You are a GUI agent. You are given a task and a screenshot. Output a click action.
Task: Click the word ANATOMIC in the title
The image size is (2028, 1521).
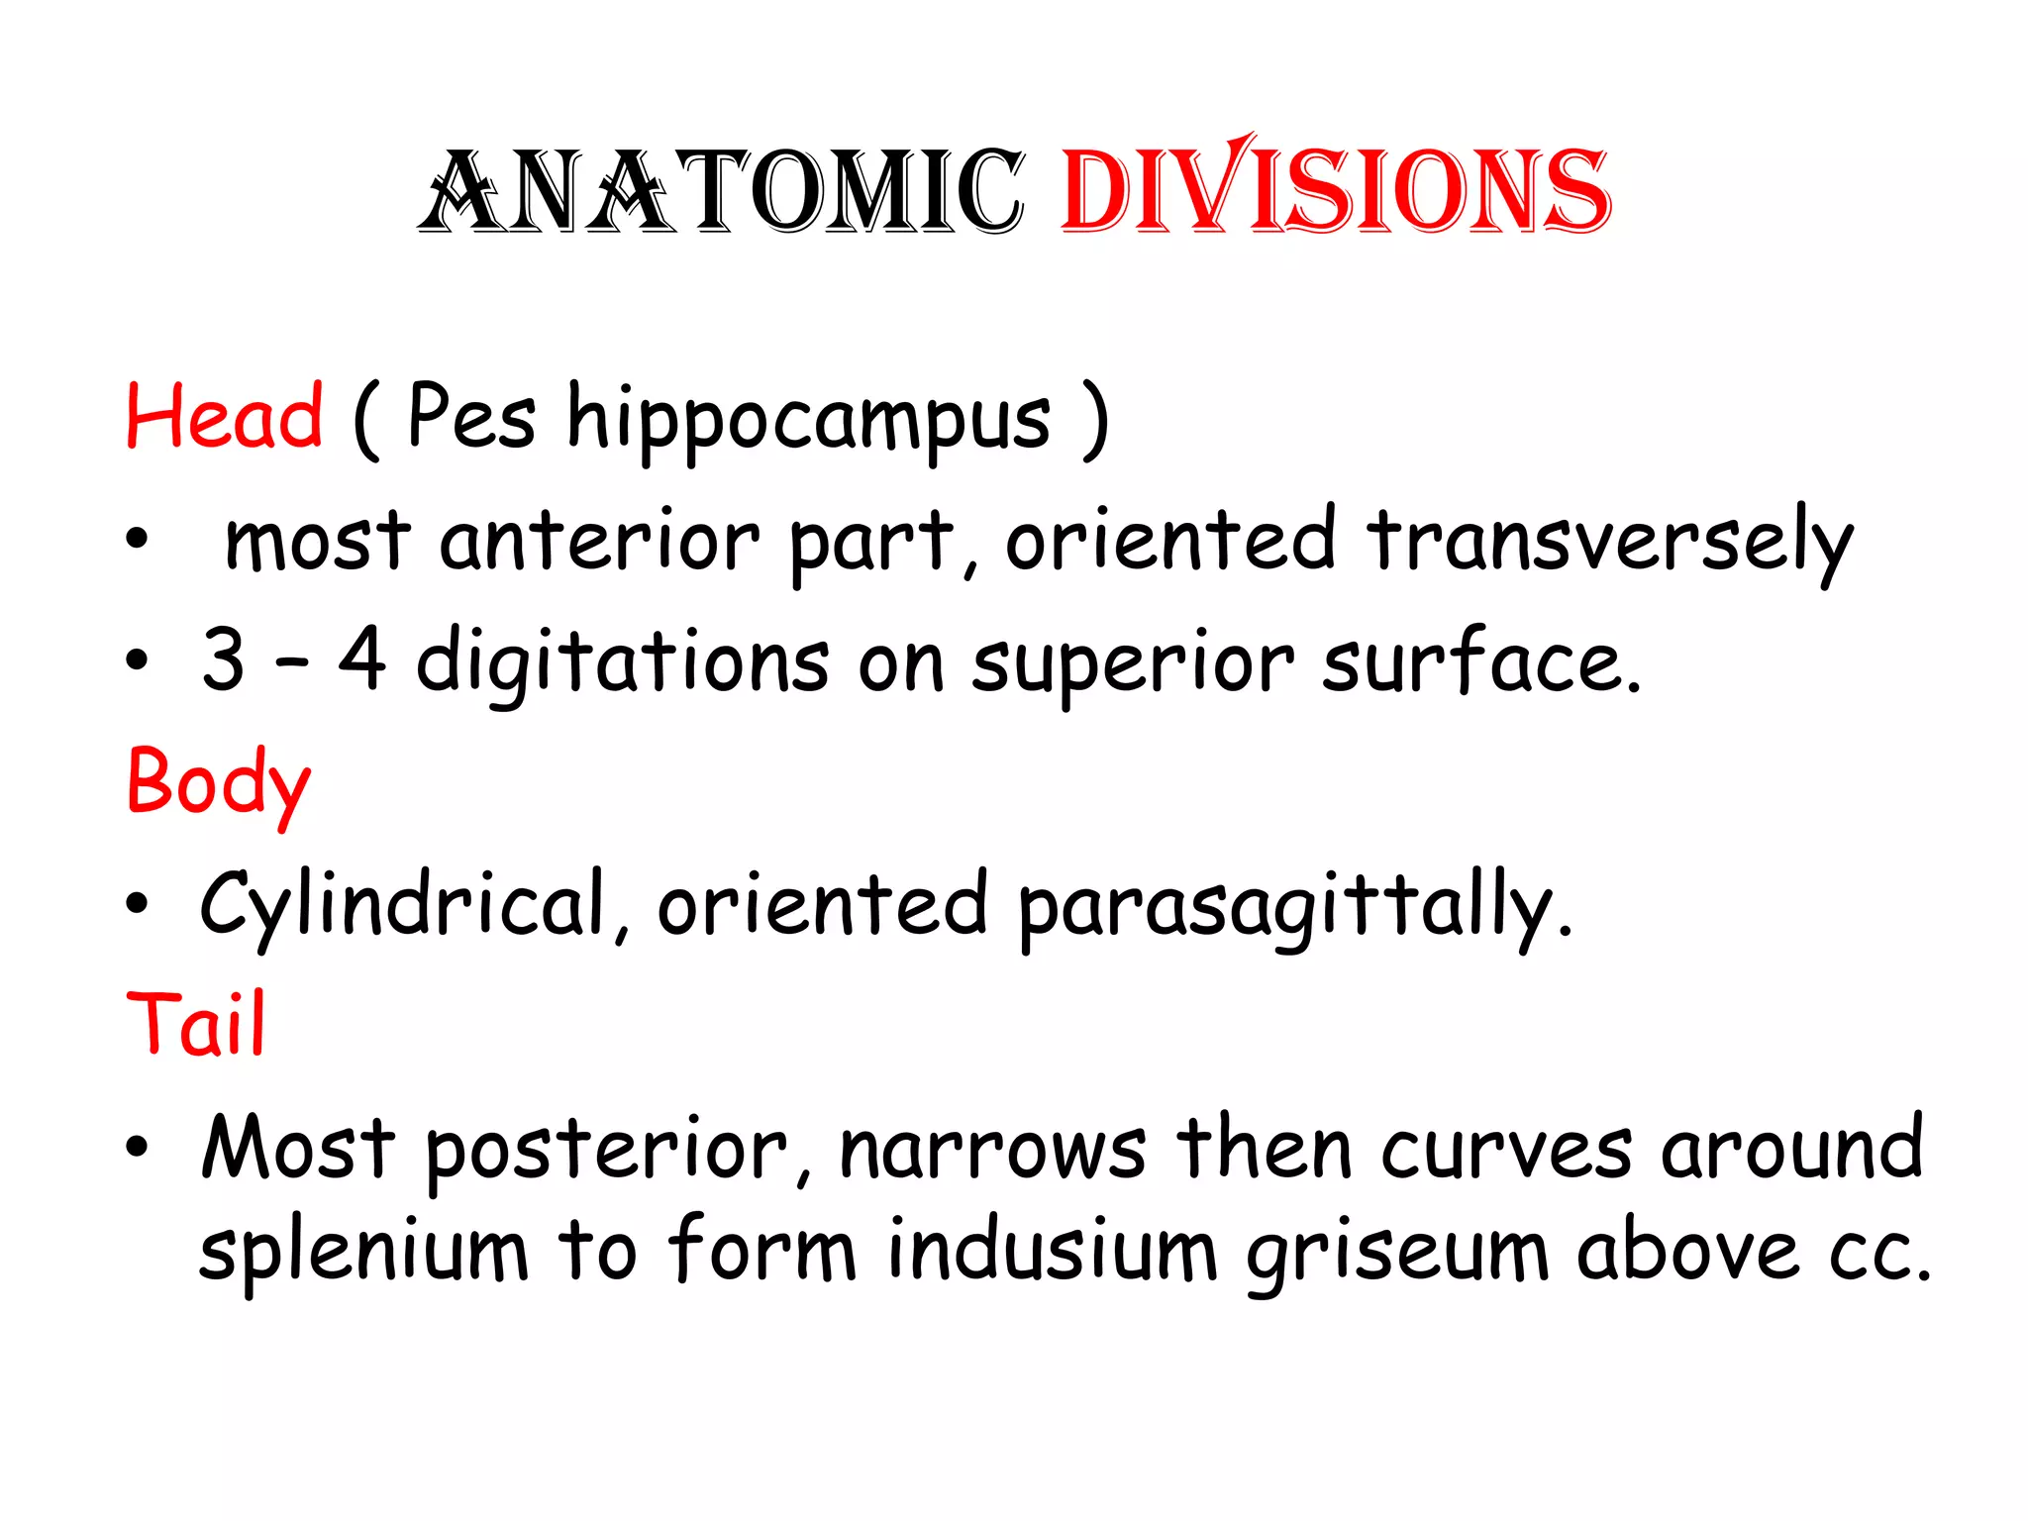point(721,191)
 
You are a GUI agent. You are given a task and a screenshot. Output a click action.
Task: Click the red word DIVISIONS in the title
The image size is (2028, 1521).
point(1335,188)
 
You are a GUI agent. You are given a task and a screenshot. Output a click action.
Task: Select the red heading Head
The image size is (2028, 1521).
point(224,417)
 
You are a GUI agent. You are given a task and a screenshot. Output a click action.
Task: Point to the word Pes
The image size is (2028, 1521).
point(471,417)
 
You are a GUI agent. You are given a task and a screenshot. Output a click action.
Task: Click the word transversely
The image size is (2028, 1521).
point(1610,543)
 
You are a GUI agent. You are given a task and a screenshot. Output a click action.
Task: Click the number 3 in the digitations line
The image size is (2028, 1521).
point(223,659)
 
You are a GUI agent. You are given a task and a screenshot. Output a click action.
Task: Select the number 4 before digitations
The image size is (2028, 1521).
point(362,659)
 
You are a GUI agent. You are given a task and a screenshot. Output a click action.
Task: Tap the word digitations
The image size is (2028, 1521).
point(622,663)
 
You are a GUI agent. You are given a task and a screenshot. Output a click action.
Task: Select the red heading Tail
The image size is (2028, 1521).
point(196,1024)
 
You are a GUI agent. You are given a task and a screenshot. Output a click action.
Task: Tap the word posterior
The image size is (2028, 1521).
point(606,1152)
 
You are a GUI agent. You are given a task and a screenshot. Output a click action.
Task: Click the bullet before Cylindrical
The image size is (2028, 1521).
point(137,903)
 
